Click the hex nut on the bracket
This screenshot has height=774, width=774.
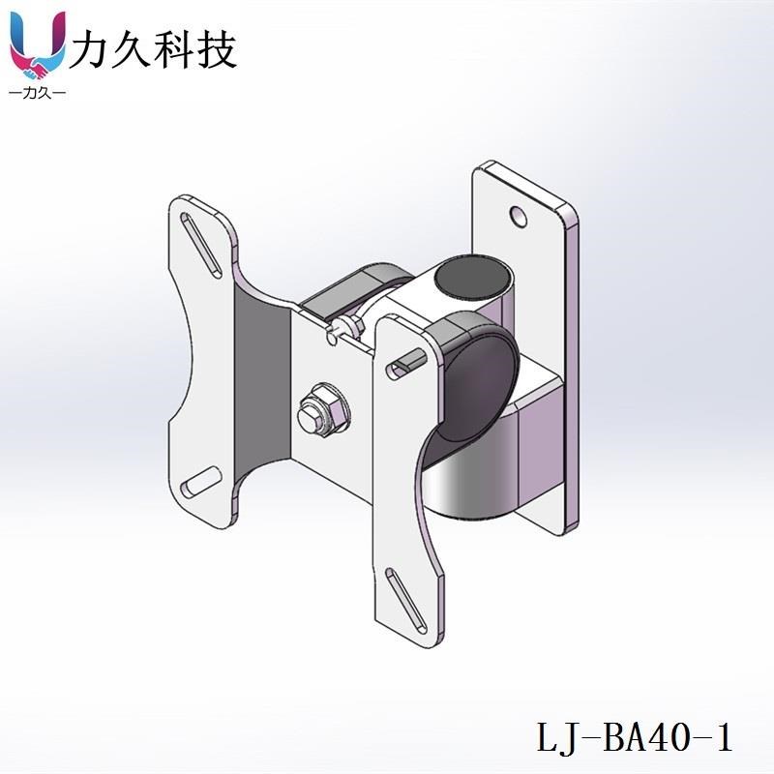(x=323, y=410)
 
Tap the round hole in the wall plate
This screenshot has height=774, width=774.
(x=521, y=212)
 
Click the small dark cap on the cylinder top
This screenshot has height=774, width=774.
(x=471, y=276)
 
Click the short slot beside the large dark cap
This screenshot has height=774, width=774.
(x=406, y=362)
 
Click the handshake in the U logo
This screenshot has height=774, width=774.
(x=37, y=68)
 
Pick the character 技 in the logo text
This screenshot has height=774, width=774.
(x=219, y=48)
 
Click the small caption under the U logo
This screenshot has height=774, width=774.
(x=36, y=94)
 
